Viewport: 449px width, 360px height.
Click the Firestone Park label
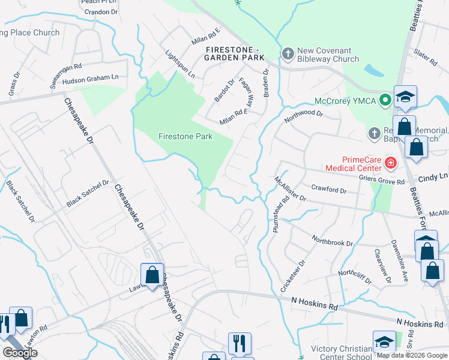point(185,136)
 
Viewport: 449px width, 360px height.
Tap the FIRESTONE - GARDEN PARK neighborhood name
point(235,53)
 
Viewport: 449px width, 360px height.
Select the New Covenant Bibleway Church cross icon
point(288,54)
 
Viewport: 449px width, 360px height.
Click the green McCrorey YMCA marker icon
point(385,100)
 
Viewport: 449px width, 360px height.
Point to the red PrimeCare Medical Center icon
point(391,162)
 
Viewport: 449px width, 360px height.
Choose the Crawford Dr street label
point(326,190)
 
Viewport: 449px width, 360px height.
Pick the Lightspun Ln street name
point(180,64)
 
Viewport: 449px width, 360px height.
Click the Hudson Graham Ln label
point(90,77)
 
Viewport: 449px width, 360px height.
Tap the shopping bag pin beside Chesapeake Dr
point(152,275)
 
